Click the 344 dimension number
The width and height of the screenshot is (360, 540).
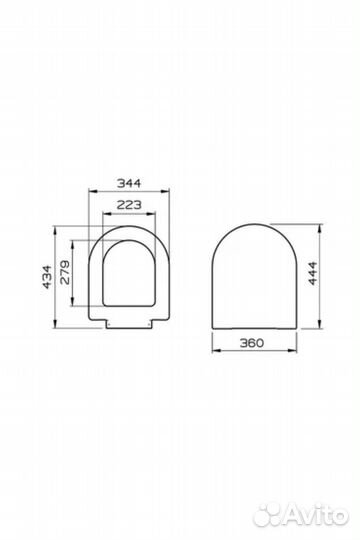coord(129,183)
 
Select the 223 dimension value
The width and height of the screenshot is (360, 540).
coord(129,205)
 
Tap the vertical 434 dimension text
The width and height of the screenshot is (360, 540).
coord(47,277)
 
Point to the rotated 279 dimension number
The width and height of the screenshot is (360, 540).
coord(65,272)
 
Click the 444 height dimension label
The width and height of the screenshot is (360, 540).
coord(312,273)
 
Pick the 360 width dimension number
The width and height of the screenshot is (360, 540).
coord(252,343)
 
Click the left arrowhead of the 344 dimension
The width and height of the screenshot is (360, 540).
coord(92,190)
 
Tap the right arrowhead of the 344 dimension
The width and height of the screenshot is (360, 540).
coord(166,190)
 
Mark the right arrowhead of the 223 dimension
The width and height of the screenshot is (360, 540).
coord(152,214)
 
